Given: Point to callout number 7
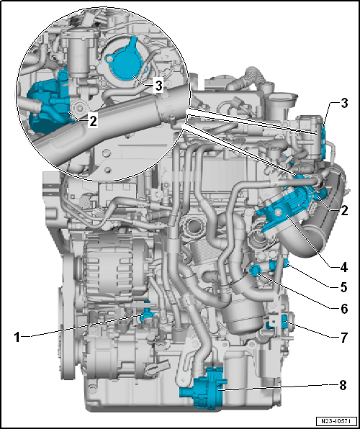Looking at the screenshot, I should point(343,336).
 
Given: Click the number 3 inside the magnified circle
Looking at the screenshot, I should point(158,85).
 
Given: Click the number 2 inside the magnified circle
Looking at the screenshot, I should point(93,122).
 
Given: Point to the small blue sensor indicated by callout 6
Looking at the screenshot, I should point(255,270).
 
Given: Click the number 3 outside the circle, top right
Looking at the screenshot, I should point(343,103).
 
